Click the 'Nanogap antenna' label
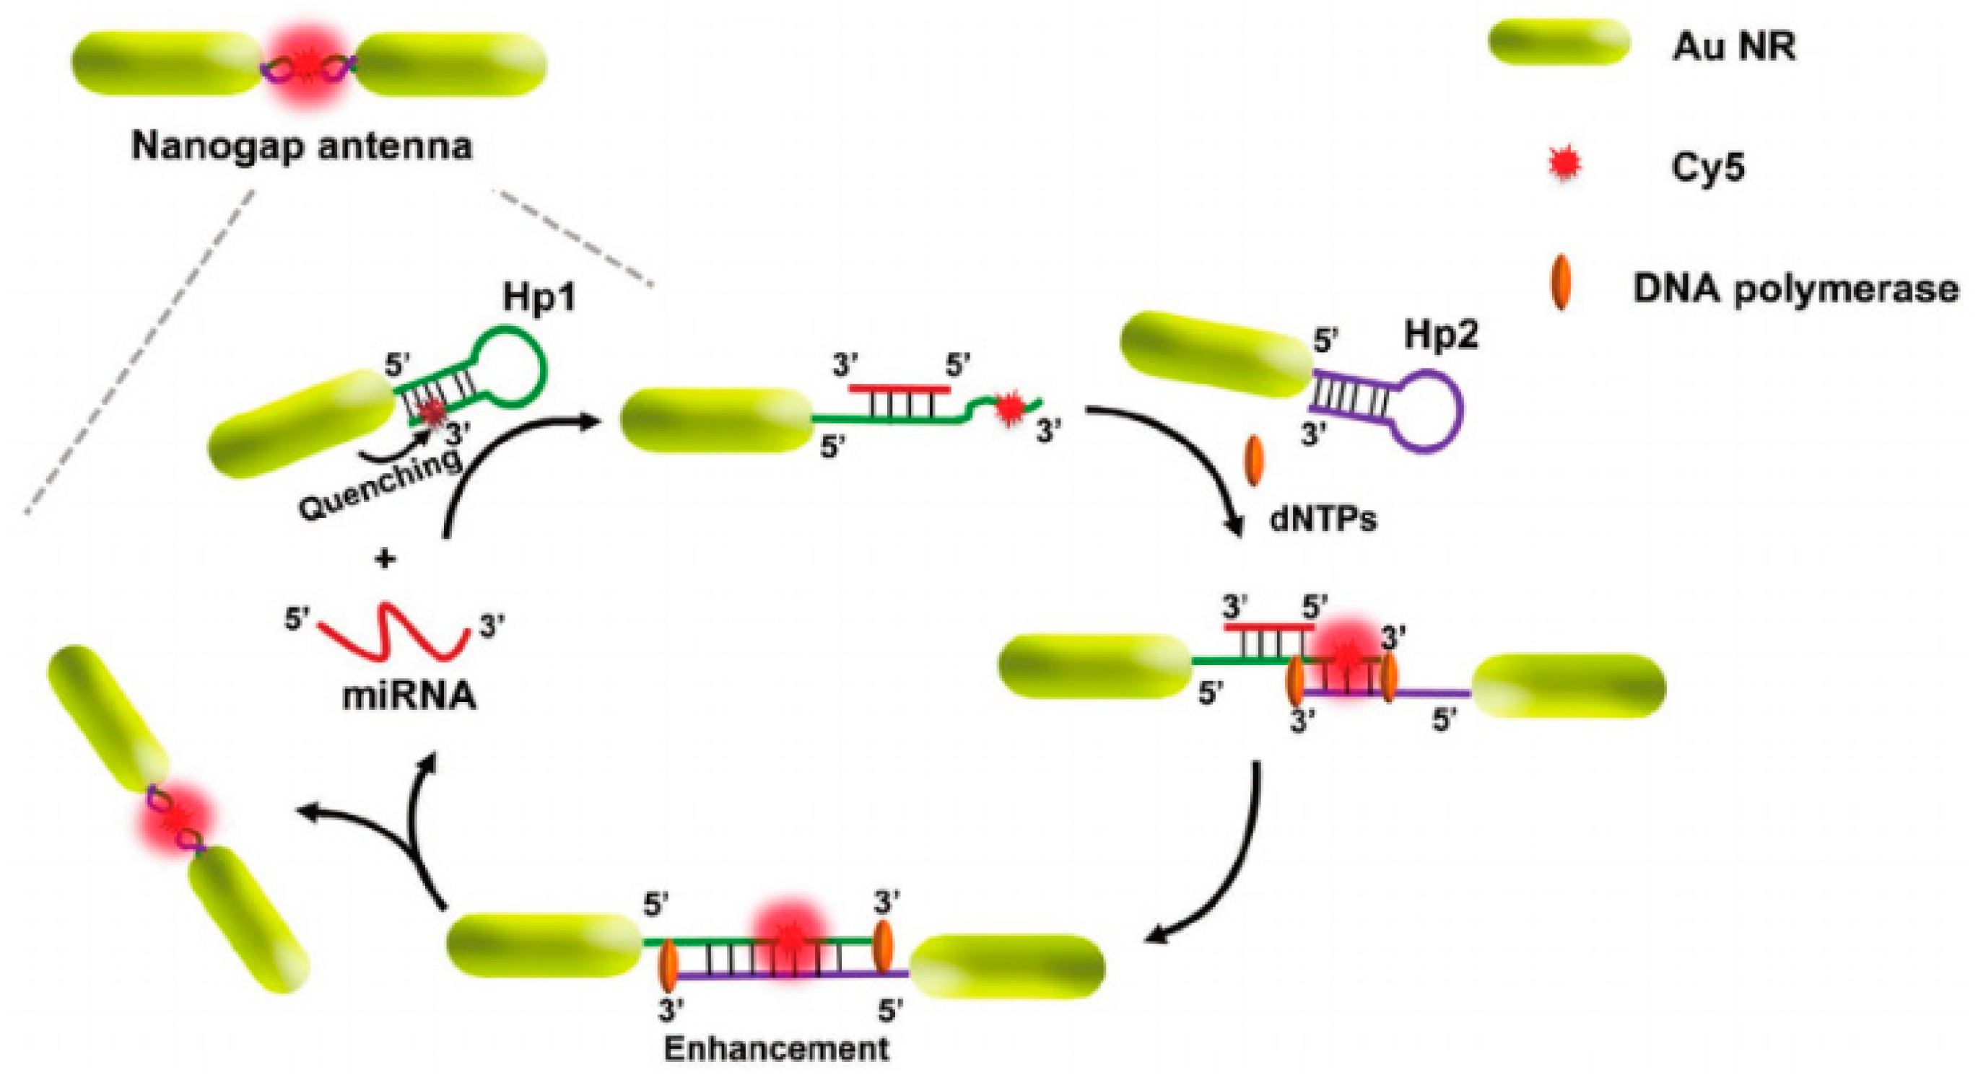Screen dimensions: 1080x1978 pos(301,146)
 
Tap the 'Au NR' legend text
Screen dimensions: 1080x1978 pos(1734,48)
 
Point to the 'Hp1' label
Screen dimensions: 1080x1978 pos(539,298)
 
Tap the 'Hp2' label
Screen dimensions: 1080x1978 pos(1440,335)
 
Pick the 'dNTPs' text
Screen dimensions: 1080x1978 pos(1323,519)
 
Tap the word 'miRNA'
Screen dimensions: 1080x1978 pos(409,695)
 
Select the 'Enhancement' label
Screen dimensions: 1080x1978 pos(775,1048)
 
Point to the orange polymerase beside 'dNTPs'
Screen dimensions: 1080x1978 pos(1253,460)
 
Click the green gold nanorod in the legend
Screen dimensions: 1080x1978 pos(1559,43)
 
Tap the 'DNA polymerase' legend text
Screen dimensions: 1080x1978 pos(1795,289)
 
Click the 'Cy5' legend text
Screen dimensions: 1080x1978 pos(1708,167)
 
